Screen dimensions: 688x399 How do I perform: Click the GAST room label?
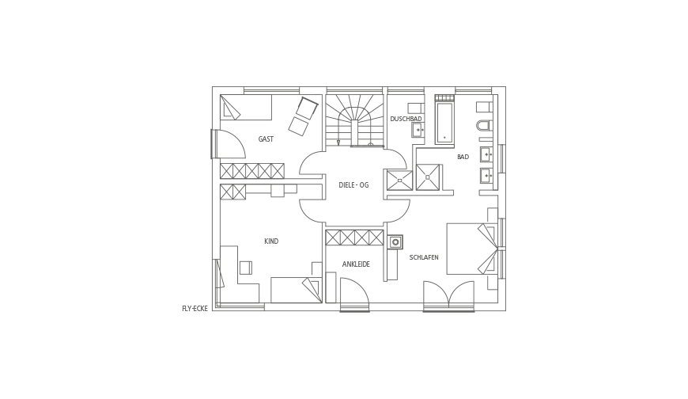point(266,139)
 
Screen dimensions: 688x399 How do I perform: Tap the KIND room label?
point(271,241)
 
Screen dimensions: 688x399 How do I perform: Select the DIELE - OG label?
point(353,185)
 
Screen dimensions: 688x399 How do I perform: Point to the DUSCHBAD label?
point(406,119)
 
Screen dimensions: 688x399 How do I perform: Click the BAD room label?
point(463,157)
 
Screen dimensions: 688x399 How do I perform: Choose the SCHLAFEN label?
point(424,257)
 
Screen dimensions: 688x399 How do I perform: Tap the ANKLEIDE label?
point(356,264)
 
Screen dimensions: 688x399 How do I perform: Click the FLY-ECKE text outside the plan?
point(195,309)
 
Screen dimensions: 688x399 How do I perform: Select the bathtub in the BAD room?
point(444,123)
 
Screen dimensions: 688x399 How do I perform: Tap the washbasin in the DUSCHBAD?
point(418,130)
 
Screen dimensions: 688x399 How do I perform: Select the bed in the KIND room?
point(297,290)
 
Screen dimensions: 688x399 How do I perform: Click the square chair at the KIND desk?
point(246,268)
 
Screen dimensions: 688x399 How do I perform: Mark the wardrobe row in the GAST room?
point(252,171)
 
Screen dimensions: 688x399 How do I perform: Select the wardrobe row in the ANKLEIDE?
point(354,237)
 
